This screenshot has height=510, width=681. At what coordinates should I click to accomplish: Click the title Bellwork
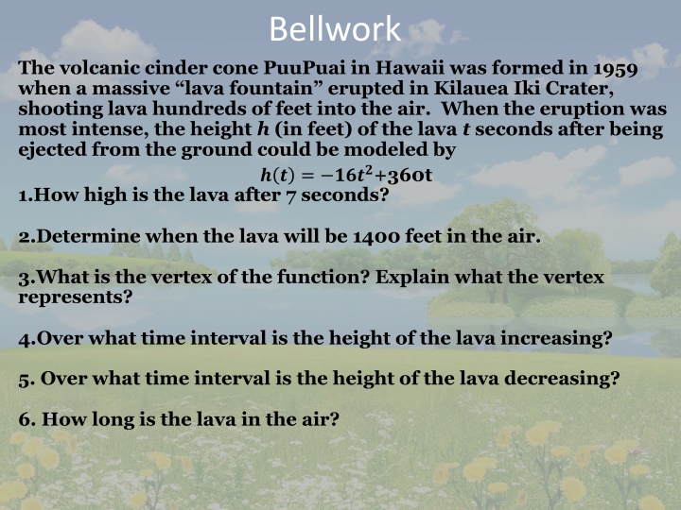pyautogui.click(x=335, y=28)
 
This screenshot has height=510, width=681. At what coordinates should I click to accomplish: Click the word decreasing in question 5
pyautogui.click(x=564, y=379)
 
